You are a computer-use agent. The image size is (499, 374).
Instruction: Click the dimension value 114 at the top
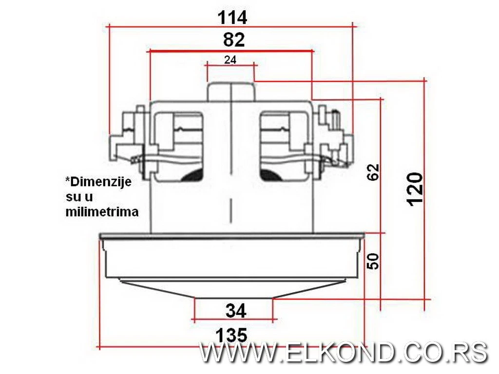click(232, 17)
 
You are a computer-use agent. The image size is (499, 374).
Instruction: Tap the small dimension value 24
click(230, 60)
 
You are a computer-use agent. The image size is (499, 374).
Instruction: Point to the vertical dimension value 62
click(373, 172)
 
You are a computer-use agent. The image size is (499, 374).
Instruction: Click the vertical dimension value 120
click(415, 189)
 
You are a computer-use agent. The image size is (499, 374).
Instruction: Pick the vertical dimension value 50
click(373, 262)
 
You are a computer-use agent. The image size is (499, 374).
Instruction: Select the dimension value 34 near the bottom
click(235, 310)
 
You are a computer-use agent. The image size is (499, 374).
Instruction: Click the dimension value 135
click(231, 335)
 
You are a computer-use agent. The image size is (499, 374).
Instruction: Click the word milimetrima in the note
click(102, 212)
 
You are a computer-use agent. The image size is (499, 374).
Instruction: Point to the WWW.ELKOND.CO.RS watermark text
click(343, 352)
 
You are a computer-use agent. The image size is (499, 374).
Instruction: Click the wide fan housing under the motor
click(231, 256)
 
